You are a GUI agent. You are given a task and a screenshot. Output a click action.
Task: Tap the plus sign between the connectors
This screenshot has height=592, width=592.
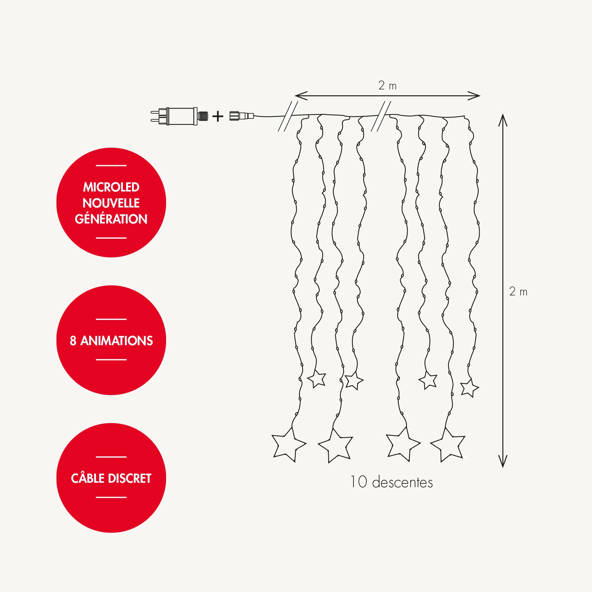tap(218, 116)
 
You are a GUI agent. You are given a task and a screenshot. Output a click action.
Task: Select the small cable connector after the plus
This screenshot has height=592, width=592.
tap(242, 116)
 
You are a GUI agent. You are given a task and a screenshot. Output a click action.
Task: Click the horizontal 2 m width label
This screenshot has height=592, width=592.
tap(387, 86)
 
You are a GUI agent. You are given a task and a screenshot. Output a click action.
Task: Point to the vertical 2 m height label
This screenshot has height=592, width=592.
tap(518, 292)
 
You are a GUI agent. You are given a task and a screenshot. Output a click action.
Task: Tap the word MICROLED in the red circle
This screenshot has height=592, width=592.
tap(111, 187)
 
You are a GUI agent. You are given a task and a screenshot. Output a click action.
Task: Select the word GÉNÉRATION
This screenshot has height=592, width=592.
tap(111, 219)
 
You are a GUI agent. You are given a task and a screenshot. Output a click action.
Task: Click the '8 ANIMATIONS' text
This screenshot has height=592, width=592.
tap(111, 341)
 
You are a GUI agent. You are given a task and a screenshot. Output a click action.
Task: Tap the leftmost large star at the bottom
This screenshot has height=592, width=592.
tap(288, 446)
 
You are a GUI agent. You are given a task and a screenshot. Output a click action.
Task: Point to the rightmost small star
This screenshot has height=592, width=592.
tap(469, 388)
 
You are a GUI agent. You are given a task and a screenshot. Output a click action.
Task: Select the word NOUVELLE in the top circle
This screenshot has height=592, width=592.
tap(111, 203)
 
